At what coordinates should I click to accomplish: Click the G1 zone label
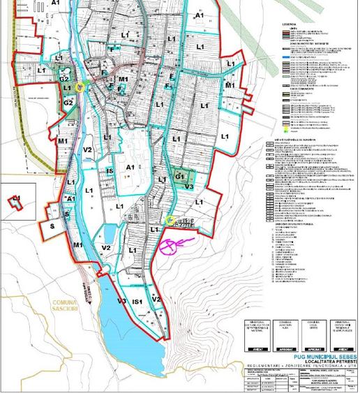pyautogui.click(x=181, y=176)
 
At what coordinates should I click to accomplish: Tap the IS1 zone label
pyautogui.click(x=138, y=301)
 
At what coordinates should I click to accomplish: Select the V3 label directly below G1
pyautogui.click(x=188, y=187)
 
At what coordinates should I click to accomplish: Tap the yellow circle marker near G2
pyautogui.click(x=80, y=88)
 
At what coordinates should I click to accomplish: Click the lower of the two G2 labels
pyautogui.click(x=69, y=103)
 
